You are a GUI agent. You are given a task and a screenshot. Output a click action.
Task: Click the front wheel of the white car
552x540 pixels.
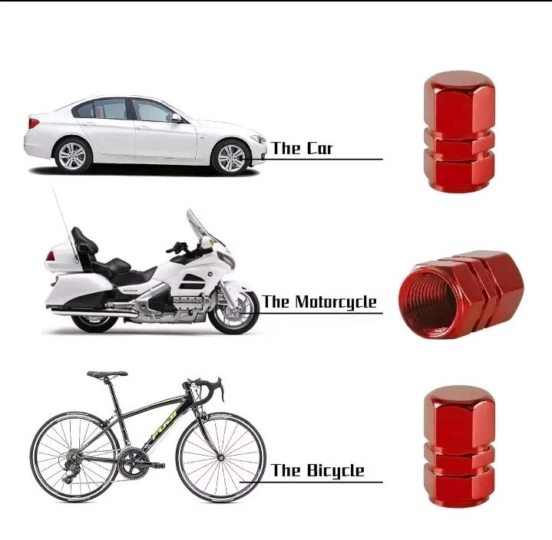coord(231,157)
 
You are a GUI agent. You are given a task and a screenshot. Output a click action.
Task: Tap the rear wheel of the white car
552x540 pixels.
coord(72,155)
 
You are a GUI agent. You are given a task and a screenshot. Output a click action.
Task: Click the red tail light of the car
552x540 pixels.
coord(34,123)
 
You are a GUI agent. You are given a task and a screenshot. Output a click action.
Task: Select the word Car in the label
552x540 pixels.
coord(319,148)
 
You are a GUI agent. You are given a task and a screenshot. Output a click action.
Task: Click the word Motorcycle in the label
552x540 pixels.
coord(335,302)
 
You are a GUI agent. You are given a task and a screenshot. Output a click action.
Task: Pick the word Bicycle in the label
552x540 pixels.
coord(335,471)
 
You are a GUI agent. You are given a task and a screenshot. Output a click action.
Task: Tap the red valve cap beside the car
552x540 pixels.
coord(458,131)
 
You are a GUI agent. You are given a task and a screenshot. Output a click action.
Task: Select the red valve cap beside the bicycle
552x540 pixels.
coord(458,446)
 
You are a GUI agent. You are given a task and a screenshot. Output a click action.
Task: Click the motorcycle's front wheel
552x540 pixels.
coord(233,311)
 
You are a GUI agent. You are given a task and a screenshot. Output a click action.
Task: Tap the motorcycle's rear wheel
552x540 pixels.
coord(93,321)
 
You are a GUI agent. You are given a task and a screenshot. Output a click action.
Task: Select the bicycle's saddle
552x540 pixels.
coord(107,374)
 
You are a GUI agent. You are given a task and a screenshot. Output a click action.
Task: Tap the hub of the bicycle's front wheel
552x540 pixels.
coord(221,458)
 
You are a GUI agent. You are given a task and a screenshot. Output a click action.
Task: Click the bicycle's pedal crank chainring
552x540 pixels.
coord(131,461)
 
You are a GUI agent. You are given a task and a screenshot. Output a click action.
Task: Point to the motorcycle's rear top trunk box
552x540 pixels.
coord(59,258)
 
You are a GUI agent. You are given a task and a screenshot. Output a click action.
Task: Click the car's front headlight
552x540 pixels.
coord(258,140)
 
